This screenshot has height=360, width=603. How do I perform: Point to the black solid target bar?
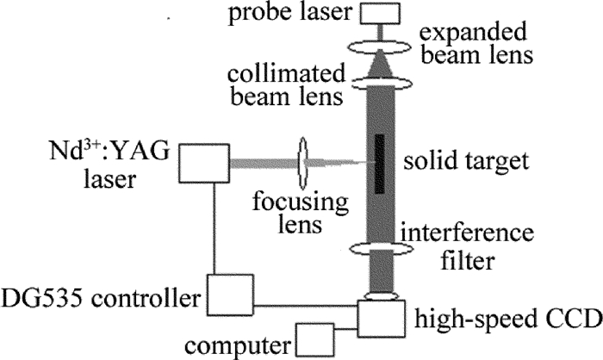pyautogui.click(x=380, y=164)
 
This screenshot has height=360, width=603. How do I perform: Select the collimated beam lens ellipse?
pyautogui.click(x=380, y=83)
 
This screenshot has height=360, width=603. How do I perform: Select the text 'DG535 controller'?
pyautogui.click(x=102, y=300)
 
